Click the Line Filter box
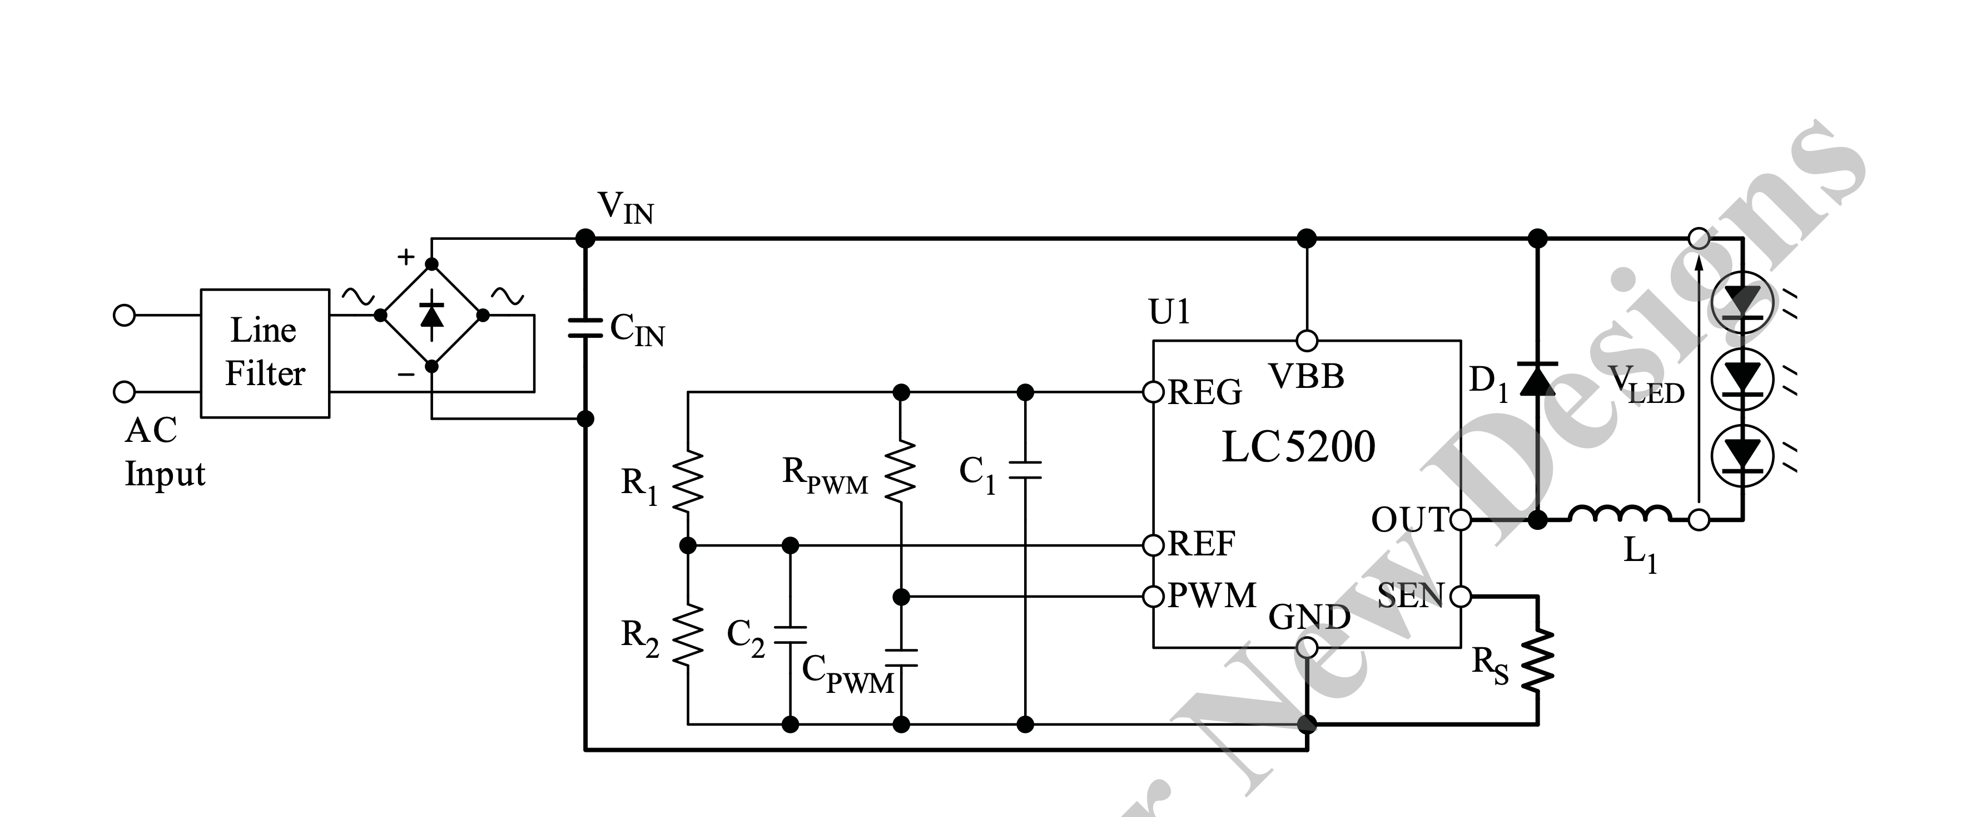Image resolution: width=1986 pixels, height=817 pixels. pyautogui.click(x=265, y=353)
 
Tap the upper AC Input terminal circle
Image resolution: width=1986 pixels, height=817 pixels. pyautogui.click(x=124, y=316)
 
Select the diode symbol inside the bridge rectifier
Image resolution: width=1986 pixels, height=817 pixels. pyautogui.click(x=432, y=315)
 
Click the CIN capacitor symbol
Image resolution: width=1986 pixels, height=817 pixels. pyautogui.click(x=585, y=328)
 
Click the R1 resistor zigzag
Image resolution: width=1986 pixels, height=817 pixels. pyautogui.click(x=688, y=481)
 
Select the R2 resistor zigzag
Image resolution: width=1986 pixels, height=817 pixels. pyautogui.click(x=688, y=634)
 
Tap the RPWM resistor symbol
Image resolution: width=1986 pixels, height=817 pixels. pyautogui.click(x=901, y=472)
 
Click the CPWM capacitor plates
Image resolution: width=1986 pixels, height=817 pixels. pyautogui.click(x=901, y=657)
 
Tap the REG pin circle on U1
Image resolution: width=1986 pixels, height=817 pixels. pyautogui.click(x=1153, y=393)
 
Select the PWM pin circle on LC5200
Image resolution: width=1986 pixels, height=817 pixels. pyautogui.click(x=1153, y=597)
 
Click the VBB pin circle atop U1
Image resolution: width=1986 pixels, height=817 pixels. pyautogui.click(x=1307, y=340)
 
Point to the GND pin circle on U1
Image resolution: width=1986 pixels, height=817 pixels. pyautogui.click(x=1307, y=647)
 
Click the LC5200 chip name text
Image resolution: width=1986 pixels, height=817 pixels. pyautogui.click(x=1298, y=447)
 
